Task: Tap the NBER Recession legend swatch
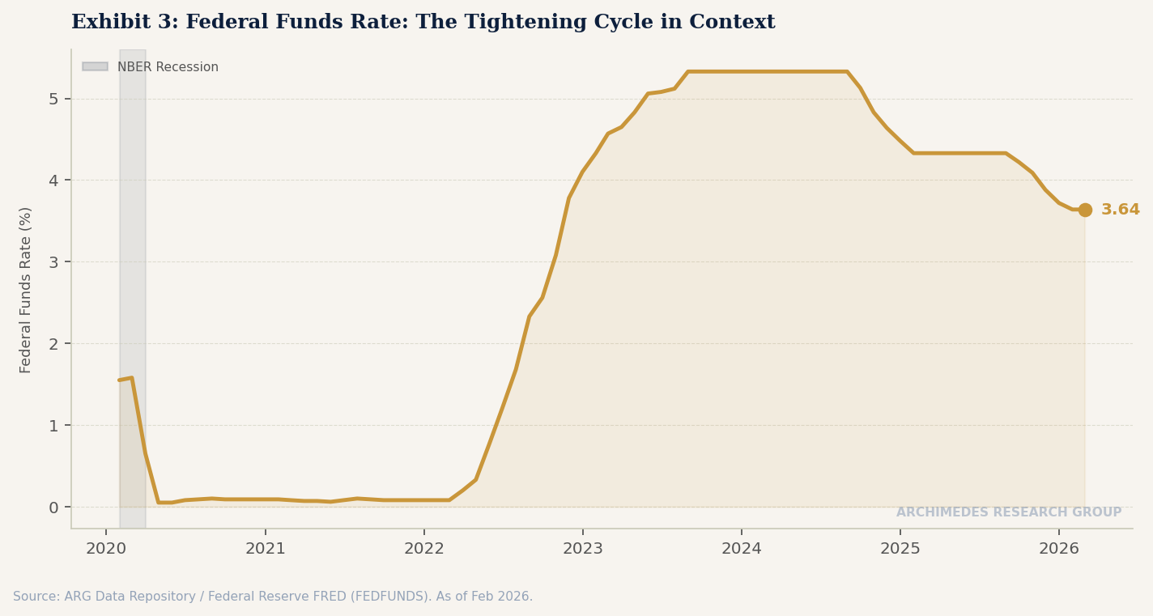click(x=95, y=67)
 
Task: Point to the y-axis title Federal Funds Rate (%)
click(x=26, y=290)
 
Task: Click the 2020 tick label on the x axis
click(x=106, y=549)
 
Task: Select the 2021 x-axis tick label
click(x=265, y=549)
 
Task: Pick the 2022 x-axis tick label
click(x=423, y=549)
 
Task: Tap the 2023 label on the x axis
click(x=582, y=549)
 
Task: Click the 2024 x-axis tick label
click(x=741, y=549)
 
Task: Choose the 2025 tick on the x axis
click(x=900, y=549)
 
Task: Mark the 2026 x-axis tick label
click(x=1058, y=549)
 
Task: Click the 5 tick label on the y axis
click(x=53, y=99)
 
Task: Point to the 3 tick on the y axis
click(x=53, y=262)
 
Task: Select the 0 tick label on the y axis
click(x=53, y=508)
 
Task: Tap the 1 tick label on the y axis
click(x=53, y=426)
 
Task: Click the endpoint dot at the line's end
click(x=1085, y=210)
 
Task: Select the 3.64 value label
click(x=1120, y=210)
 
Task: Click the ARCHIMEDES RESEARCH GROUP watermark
click(x=1008, y=512)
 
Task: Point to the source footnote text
click(x=273, y=597)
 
